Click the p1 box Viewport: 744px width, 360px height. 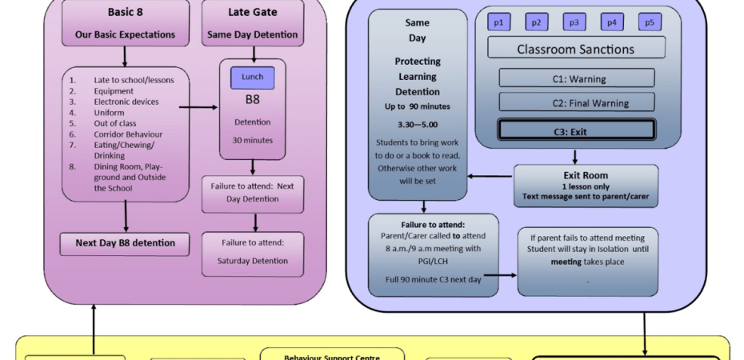498,22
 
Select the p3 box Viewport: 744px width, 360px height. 574,22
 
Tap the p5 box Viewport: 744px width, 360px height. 650,22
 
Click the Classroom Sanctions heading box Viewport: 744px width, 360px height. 576,49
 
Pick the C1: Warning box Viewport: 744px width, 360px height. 576,78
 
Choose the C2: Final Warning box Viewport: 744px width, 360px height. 576,102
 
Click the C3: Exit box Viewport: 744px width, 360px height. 576,130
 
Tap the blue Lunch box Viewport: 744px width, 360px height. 253,77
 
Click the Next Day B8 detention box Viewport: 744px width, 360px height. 125,243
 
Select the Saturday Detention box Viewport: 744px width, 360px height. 253,254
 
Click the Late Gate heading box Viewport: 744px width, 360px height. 253,23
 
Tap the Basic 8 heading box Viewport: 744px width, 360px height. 125,23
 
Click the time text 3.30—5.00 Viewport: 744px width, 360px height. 418,125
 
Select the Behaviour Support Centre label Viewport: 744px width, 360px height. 332,357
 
